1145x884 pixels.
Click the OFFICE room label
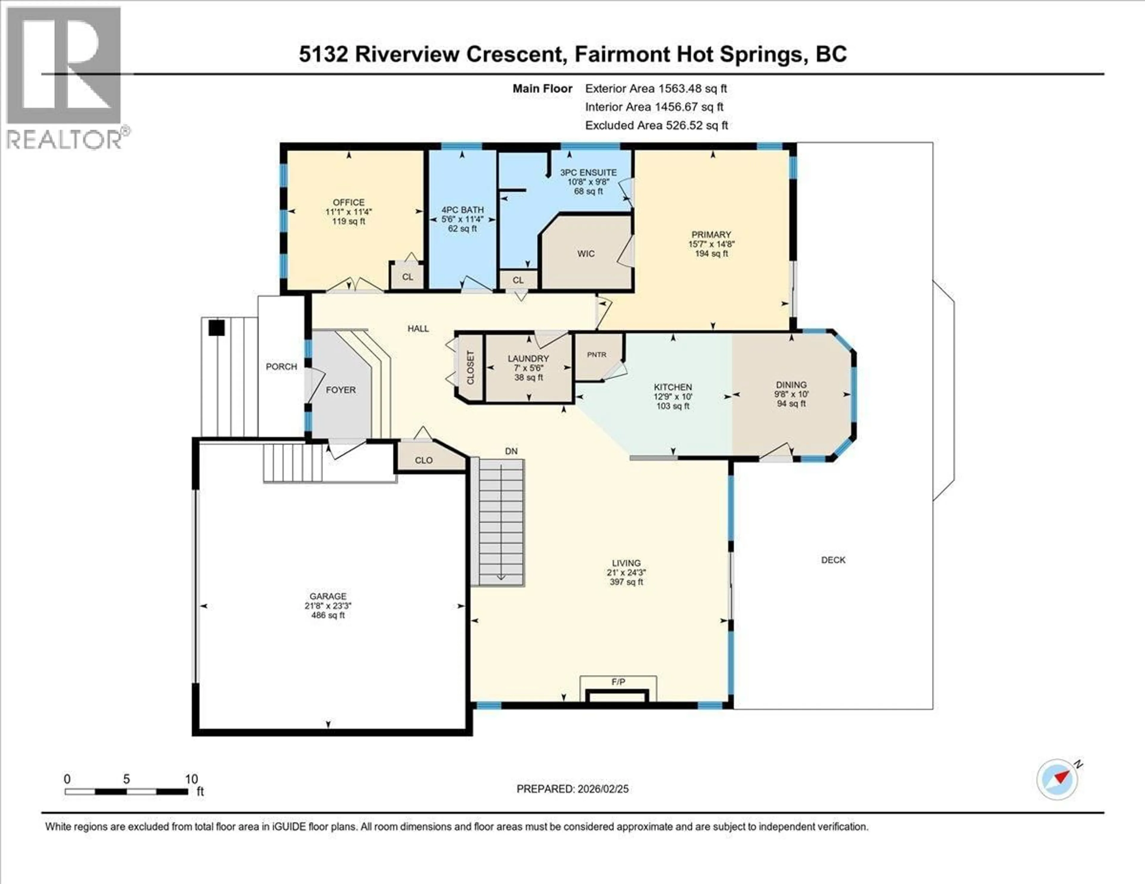point(349,202)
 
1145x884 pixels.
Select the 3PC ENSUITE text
point(588,172)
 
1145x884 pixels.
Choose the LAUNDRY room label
point(528,359)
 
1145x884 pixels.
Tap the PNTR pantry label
point(597,355)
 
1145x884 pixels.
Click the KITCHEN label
point(673,387)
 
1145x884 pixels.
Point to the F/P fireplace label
point(618,682)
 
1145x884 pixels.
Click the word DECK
point(833,560)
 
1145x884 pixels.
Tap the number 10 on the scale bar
point(191,779)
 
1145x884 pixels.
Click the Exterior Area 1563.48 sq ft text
point(656,89)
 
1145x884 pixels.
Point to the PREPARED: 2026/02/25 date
point(572,789)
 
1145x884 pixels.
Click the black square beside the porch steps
point(216,328)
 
